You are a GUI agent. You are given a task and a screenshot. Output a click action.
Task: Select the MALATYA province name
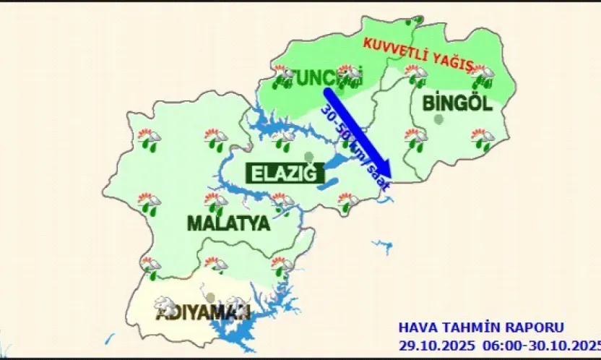click(228, 223)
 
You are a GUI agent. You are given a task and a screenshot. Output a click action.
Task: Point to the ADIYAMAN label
click(203, 313)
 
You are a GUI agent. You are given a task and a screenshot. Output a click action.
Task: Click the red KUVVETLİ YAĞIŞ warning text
click(418, 54)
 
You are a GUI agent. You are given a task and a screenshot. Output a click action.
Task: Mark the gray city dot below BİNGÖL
click(439, 120)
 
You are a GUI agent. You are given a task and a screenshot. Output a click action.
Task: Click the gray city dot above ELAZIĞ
click(309, 157)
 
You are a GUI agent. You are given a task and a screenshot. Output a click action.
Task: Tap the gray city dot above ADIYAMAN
click(210, 297)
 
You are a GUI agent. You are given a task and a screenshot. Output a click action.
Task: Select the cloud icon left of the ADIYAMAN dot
click(165, 304)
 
